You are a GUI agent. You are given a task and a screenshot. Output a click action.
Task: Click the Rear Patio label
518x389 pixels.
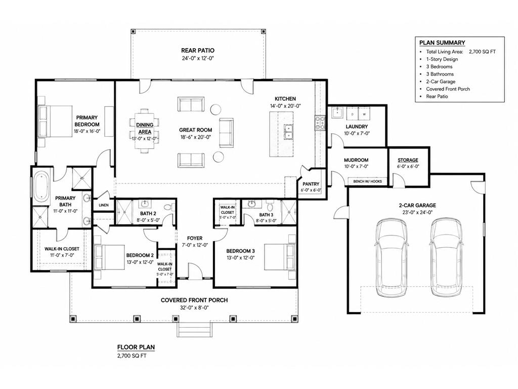(x=198, y=51)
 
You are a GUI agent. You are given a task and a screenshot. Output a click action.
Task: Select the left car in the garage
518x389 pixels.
(x=391, y=257)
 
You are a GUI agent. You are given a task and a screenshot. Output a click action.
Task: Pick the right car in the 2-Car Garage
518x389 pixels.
(x=446, y=257)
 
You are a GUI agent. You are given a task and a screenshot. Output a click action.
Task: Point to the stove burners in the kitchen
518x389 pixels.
(x=320, y=123)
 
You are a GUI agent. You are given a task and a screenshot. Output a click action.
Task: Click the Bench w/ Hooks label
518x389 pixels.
(x=367, y=181)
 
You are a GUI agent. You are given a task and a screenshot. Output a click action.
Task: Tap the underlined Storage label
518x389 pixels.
(x=408, y=160)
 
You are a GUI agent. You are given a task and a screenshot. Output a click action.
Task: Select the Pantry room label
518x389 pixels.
(x=311, y=184)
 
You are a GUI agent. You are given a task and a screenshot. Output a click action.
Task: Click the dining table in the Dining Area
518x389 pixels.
(x=144, y=131)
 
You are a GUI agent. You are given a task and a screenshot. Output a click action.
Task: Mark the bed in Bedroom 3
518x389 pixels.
(x=279, y=257)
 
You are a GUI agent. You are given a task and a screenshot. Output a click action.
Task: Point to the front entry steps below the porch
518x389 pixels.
(x=194, y=329)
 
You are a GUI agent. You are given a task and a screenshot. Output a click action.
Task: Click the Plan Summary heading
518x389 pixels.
(x=442, y=43)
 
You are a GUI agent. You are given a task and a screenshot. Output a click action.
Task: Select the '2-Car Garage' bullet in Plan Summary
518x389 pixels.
(x=441, y=82)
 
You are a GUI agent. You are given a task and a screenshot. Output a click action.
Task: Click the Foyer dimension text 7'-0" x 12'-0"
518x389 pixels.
(x=195, y=245)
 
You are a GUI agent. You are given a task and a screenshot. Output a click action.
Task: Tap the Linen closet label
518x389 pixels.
(x=103, y=205)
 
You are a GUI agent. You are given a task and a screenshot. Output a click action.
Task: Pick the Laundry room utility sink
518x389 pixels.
(x=336, y=113)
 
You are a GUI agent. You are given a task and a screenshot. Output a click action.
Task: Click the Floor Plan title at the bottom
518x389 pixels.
(x=136, y=347)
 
